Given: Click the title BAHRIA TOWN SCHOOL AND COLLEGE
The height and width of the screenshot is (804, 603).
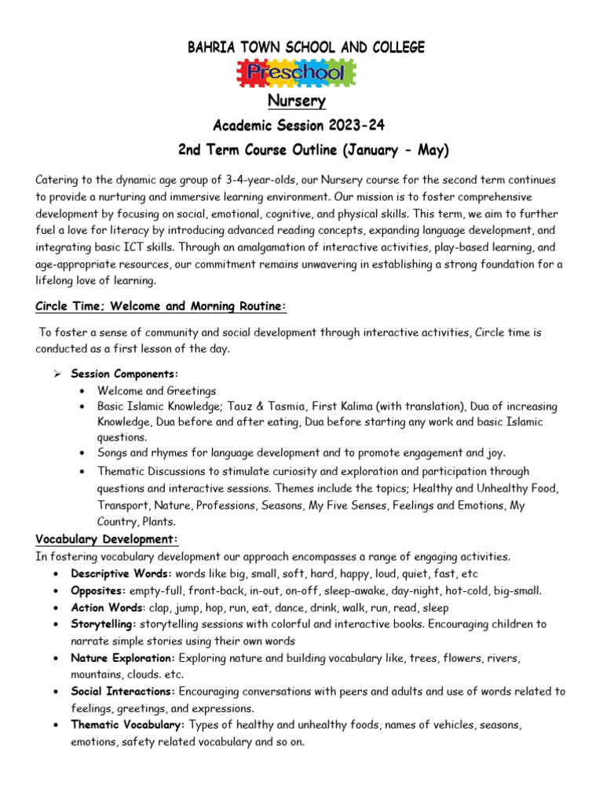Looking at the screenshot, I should tap(305, 48).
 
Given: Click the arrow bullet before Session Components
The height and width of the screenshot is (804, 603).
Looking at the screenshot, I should tap(57, 373).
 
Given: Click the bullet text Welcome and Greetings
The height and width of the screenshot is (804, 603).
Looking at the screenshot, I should tap(156, 390).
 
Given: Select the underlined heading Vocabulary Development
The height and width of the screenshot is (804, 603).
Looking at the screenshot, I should tap(108, 539).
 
